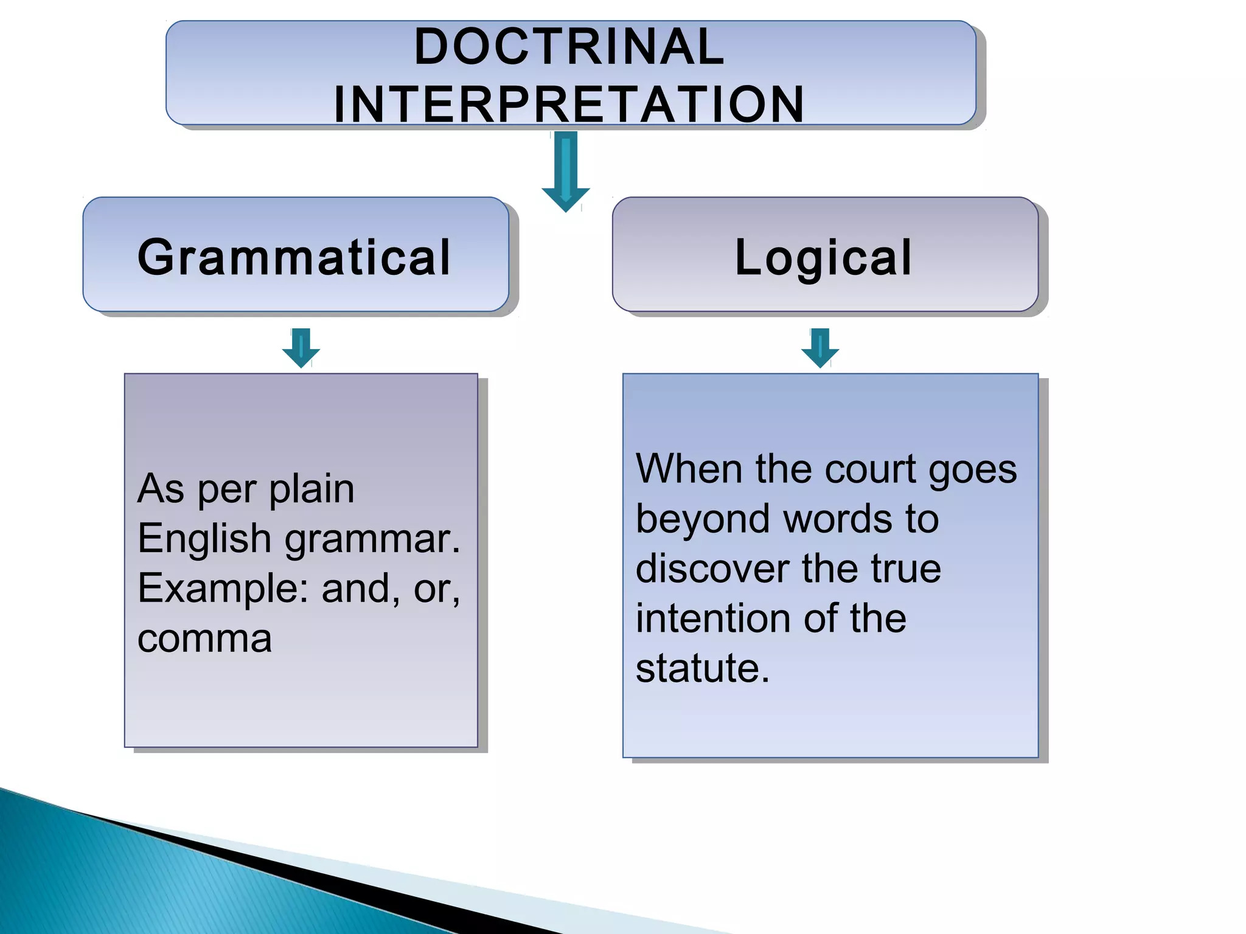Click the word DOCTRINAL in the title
pyautogui.click(x=569, y=47)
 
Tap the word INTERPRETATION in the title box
pyautogui.click(x=569, y=105)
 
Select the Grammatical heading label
pyautogui.click(x=294, y=257)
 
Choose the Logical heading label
pyautogui.click(x=824, y=257)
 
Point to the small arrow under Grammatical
pyautogui.click(x=301, y=348)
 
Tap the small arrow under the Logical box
pyautogui.click(x=820, y=348)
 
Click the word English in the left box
pyautogui.click(x=204, y=539)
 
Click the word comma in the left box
pyautogui.click(x=204, y=639)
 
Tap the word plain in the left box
pyautogui.click(x=311, y=489)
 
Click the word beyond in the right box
pyautogui.click(x=703, y=520)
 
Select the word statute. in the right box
pyautogui.click(x=703, y=669)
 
